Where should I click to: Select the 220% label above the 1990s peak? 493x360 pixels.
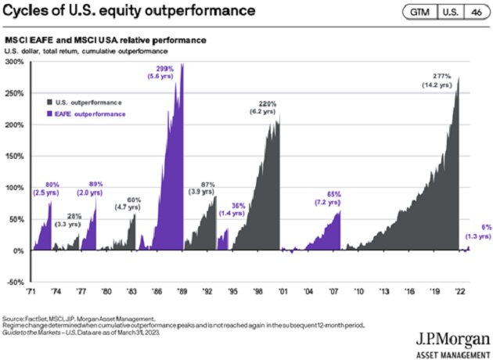[269, 103]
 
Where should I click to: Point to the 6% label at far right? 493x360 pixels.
[485, 227]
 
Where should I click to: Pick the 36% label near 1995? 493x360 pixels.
[237, 206]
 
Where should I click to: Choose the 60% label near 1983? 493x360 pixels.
[134, 200]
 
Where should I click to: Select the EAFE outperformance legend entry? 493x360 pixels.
[86, 113]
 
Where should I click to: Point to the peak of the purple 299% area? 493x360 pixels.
[182, 64]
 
